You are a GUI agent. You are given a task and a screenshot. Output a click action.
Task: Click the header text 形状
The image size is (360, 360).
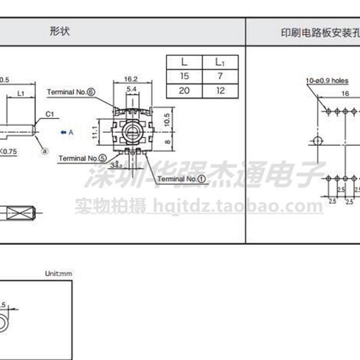[60, 32]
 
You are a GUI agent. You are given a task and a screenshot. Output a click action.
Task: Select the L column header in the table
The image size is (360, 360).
[184, 62]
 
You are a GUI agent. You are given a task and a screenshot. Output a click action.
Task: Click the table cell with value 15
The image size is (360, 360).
[184, 76]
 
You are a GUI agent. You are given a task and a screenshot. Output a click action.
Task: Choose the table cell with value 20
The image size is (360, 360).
[184, 90]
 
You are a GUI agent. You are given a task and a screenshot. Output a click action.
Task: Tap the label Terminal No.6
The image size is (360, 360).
[72, 92]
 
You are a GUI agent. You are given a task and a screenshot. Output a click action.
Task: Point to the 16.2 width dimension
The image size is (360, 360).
[132, 79]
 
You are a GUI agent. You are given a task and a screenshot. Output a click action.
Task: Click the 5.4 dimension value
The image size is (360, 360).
[132, 90]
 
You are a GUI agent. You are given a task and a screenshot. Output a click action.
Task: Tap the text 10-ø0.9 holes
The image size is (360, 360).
[327, 81]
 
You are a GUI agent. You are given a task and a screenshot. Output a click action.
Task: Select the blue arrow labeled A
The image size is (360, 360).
[66, 132]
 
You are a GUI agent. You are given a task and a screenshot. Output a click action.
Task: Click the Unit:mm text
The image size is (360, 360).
[58, 273]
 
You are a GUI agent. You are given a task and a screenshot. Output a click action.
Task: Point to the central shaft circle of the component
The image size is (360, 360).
[132, 132]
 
